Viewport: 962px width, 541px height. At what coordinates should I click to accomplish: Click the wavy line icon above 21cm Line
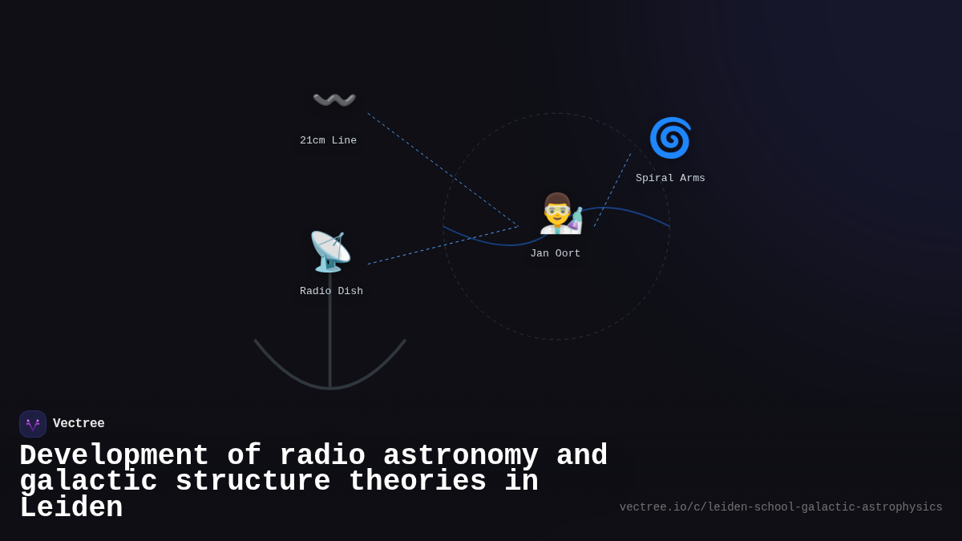tap(334, 100)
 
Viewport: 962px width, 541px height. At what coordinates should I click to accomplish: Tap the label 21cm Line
tap(328, 141)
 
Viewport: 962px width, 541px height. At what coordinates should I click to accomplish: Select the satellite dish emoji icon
tap(330, 252)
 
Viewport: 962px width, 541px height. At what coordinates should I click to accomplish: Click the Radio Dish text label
tap(331, 292)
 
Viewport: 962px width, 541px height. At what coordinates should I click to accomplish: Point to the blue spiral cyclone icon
tap(670, 138)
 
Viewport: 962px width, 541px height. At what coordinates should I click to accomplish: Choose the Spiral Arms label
tap(670, 179)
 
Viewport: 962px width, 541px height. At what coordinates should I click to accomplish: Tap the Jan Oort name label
tap(555, 254)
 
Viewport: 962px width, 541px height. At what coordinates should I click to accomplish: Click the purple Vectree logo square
tap(33, 424)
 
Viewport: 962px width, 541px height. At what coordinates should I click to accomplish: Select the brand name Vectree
tap(79, 424)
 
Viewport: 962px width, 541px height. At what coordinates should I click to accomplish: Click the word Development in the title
tap(114, 456)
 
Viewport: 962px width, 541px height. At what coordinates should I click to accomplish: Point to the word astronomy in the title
tap(460, 456)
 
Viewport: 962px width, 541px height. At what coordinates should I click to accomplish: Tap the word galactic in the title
tap(88, 482)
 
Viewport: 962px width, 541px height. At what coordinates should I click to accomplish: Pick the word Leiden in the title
tap(71, 508)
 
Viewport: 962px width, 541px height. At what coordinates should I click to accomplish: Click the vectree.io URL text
tap(781, 507)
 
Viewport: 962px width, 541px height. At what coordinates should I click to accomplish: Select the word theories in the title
tap(417, 482)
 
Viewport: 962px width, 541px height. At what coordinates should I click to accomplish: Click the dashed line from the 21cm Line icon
tap(443, 170)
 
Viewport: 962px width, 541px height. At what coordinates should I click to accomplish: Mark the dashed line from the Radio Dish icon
tap(443, 245)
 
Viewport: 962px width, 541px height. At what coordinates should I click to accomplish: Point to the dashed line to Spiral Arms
tap(612, 190)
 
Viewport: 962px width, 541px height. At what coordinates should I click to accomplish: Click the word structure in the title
tap(253, 482)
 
